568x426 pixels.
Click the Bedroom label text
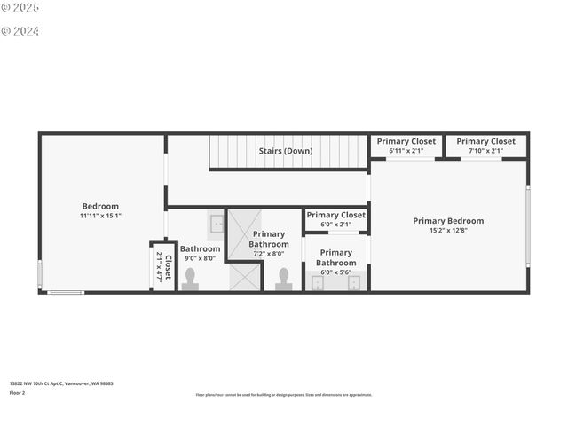point(100,206)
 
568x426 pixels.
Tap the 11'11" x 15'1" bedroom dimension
point(100,216)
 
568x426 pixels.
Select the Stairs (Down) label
point(286,151)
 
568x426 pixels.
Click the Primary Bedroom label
point(448,221)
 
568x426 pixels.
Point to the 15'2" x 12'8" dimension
point(448,231)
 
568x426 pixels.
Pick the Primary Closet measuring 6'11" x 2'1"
point(406,141)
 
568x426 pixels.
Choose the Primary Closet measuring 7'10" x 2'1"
point(485,141)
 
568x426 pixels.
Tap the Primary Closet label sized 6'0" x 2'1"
point(335,215)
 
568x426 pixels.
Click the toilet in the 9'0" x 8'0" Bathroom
point(190,279)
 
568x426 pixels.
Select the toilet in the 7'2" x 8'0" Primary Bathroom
point(284,279)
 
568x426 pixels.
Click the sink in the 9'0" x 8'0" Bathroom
point(217,223)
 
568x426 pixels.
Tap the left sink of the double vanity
point(318,283)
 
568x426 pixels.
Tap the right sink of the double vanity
point(354,283)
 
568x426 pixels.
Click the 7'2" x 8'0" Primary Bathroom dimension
point(268,254)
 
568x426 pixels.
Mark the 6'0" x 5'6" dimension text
point(335,272)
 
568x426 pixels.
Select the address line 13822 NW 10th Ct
point(61,383)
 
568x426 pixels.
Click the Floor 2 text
point(18,392)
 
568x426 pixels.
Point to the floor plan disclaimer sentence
point(284,395)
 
